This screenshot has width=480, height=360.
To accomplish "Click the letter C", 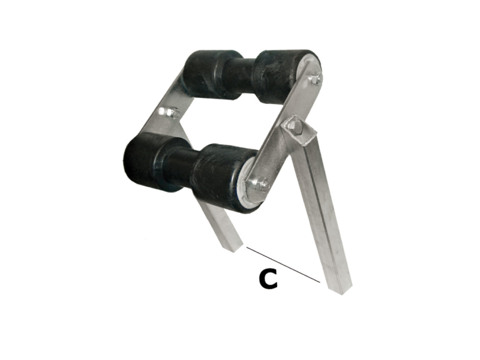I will click(x=268, y=279).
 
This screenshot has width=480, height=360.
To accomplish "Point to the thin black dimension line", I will click(x=282, y=264).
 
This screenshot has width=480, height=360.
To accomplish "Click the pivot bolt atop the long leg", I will click(x=294, y=126).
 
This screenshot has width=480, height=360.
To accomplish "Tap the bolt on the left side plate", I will click(x=171, y=112).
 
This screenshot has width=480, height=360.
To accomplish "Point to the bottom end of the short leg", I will click(x=236, y=245).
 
